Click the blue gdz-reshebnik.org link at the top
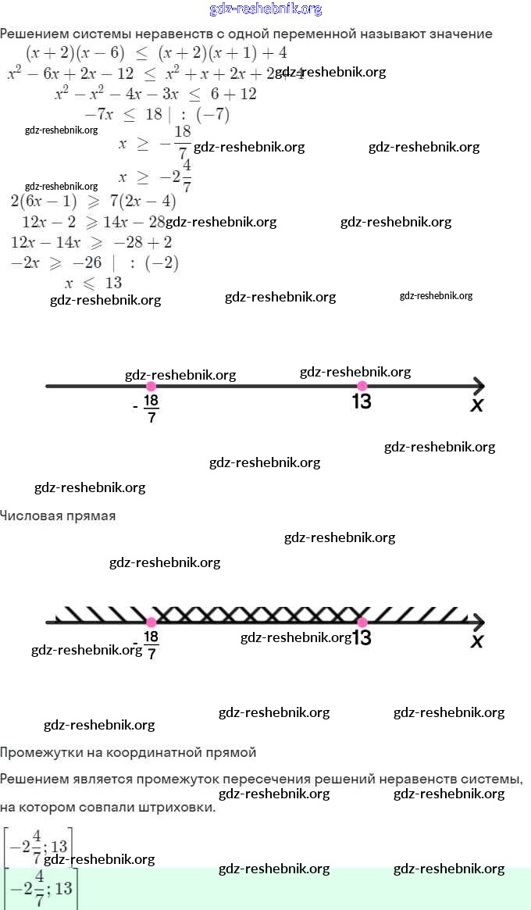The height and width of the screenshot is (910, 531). tap(265, 9)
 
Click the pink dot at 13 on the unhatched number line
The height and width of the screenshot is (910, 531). tap(362, 386)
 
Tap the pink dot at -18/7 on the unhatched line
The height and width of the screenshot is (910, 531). tap(151, 386)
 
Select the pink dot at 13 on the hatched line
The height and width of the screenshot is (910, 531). tap(362, 622)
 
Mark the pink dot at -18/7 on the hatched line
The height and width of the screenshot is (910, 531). tap(151, 622)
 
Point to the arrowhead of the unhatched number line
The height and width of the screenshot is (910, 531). tap(478, 386)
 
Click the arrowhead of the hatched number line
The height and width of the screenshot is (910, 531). tap(478, 622)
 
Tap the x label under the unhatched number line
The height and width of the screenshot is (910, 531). tap(476, 405)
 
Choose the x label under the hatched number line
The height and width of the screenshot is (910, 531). tap(476, 641)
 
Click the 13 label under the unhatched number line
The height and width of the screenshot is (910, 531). tap(362, 401)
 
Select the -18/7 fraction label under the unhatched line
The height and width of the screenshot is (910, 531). tap(150, 407)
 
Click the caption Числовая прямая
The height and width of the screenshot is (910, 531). tap(58, 516)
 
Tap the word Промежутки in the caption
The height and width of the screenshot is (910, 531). tap(39, 753)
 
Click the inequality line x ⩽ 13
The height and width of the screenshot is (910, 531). tap(93, 283)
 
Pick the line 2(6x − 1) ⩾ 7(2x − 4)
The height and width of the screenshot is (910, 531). tap(94, 202)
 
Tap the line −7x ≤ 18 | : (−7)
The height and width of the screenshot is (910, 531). tap(156, 114)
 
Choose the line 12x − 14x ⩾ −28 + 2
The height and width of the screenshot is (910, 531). tap(92, 242)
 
